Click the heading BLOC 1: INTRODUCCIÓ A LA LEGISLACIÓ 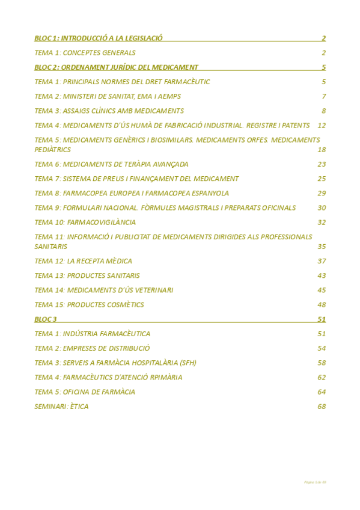tap(99, 38)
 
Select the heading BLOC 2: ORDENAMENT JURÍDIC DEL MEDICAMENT tap(117, 67)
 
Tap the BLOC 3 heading tap(46, 319)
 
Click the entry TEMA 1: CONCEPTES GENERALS tap(85, 53)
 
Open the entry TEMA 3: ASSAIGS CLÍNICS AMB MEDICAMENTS tap(109, 111)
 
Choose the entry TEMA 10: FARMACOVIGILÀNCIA tap(85, 223)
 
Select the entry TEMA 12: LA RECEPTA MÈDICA tap(84, 261)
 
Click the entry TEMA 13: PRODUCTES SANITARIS tap(87, 275)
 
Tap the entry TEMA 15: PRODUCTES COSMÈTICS tap(90, 305)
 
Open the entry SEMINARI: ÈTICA tap(62, 407)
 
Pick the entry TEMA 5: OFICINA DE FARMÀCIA tap(85, 392)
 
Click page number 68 tap(322, 407)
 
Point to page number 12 tap(322, 126)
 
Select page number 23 tap(322, 164)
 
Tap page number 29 tap(322, 193)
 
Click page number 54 tap(322, 348)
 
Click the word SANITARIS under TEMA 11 tap(51, 247)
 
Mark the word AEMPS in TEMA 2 tap(169, 96)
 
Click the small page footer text tap(315, 482)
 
